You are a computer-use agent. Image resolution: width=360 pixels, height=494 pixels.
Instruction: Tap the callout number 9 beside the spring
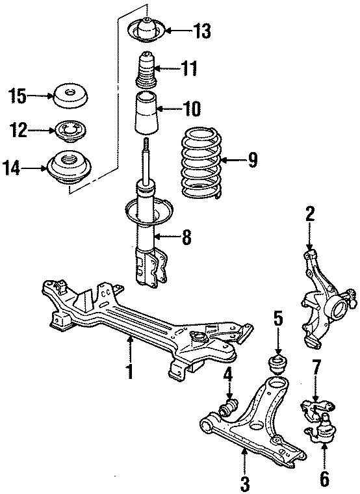coord(252,158)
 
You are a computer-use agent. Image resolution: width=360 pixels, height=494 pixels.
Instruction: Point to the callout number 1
coord(129,372)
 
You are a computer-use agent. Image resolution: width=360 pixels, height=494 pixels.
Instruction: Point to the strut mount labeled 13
coord(147,30)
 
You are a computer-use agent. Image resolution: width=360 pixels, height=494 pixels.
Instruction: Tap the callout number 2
coord(310,214)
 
